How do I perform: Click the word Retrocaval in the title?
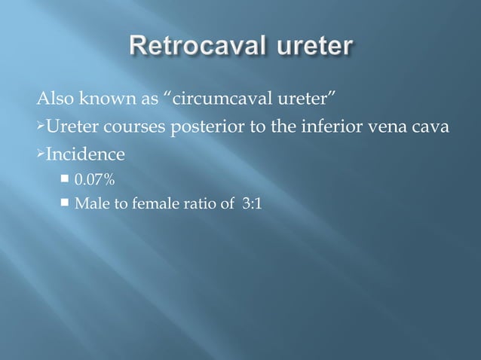click(188, 47)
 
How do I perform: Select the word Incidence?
click(85, 157)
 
